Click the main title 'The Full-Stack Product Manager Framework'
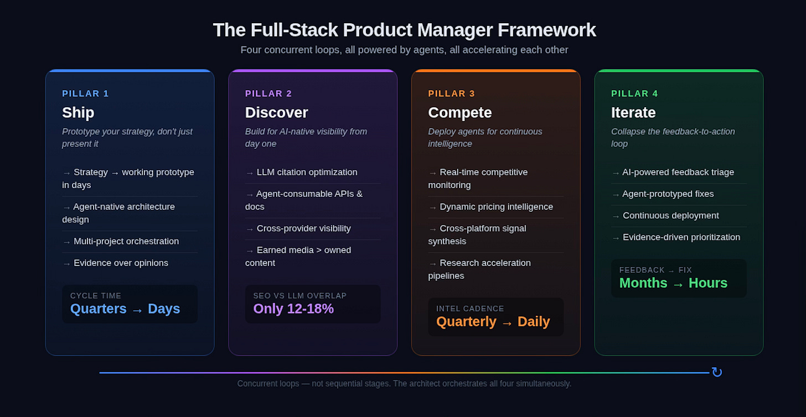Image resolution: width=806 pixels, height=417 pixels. (x=404, y=30)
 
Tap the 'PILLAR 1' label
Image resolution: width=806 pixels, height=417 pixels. (x=85, y=93)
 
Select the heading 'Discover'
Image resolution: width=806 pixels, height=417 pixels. (x=276, y=112)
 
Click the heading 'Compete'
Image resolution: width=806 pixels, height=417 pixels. (x=459, y=112)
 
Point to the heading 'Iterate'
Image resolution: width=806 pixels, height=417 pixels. (x=633, y=112)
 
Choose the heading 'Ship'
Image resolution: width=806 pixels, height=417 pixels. (x=78, y=112)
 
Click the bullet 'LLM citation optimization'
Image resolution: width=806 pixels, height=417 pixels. (x=307, y=172)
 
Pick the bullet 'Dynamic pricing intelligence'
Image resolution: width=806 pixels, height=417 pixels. (x=496, y=206)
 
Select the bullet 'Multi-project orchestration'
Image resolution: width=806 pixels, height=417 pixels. (x=126, y=241)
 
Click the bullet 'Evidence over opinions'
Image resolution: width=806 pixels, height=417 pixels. (x=121, y=263)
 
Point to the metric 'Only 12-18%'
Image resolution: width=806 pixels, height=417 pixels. (x=293, y=309)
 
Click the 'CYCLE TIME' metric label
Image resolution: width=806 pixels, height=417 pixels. (x=96, y=296)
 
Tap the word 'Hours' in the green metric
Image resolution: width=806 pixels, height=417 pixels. (x=707, y=283)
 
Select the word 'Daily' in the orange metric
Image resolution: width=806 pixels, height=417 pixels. (x=533, y=321)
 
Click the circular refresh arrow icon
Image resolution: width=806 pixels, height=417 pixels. (x=717, y=372)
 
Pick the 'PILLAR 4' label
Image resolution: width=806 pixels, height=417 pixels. (x=634, y=93)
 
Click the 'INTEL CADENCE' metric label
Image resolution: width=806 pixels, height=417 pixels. (x=470, y=309)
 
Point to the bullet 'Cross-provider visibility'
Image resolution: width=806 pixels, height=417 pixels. (x=303, y=228)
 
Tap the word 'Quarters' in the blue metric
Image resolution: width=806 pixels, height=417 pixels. (x=99, y=309)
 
